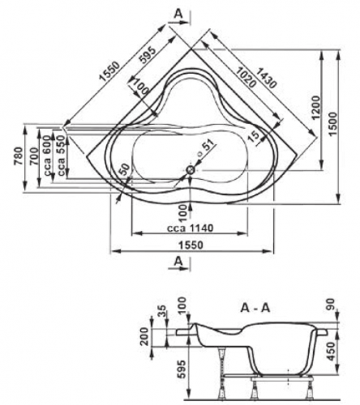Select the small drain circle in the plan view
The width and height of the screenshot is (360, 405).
point(191,169)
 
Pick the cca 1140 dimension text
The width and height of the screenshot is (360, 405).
point(176,230)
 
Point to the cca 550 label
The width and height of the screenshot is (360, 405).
point(61,160)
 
